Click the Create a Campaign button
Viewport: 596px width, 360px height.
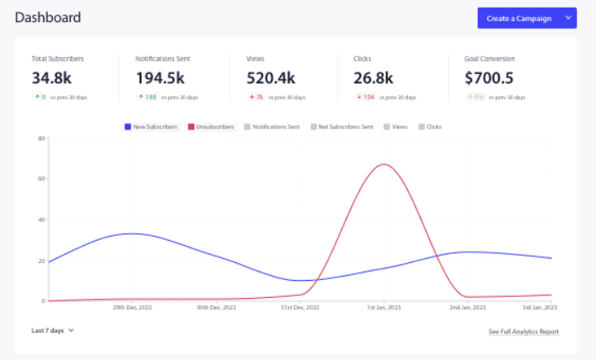pos(519,18)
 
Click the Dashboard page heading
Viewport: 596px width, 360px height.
pos(49,17)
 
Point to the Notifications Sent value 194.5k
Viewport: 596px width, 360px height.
pos(165,78)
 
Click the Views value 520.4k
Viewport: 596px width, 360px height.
pos(271,78)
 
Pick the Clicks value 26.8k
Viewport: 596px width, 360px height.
pos(373,78)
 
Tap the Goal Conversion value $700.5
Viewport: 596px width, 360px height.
pos(490,78)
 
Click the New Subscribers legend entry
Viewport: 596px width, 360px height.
pos(151,127)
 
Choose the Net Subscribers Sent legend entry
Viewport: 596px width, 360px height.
pos(341,127)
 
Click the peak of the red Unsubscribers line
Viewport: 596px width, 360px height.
pos(385,164)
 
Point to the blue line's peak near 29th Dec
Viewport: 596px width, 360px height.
pos(132,233)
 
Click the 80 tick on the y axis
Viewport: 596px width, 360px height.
pos(41,138)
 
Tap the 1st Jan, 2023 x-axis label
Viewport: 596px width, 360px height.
pos(383,307)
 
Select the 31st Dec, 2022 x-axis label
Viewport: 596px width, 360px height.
pos(300,307)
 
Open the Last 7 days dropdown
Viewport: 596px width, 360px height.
pos(53,330)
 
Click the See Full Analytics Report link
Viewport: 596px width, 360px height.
pos(523,331)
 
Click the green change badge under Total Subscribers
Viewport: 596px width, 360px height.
pos(40,97)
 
